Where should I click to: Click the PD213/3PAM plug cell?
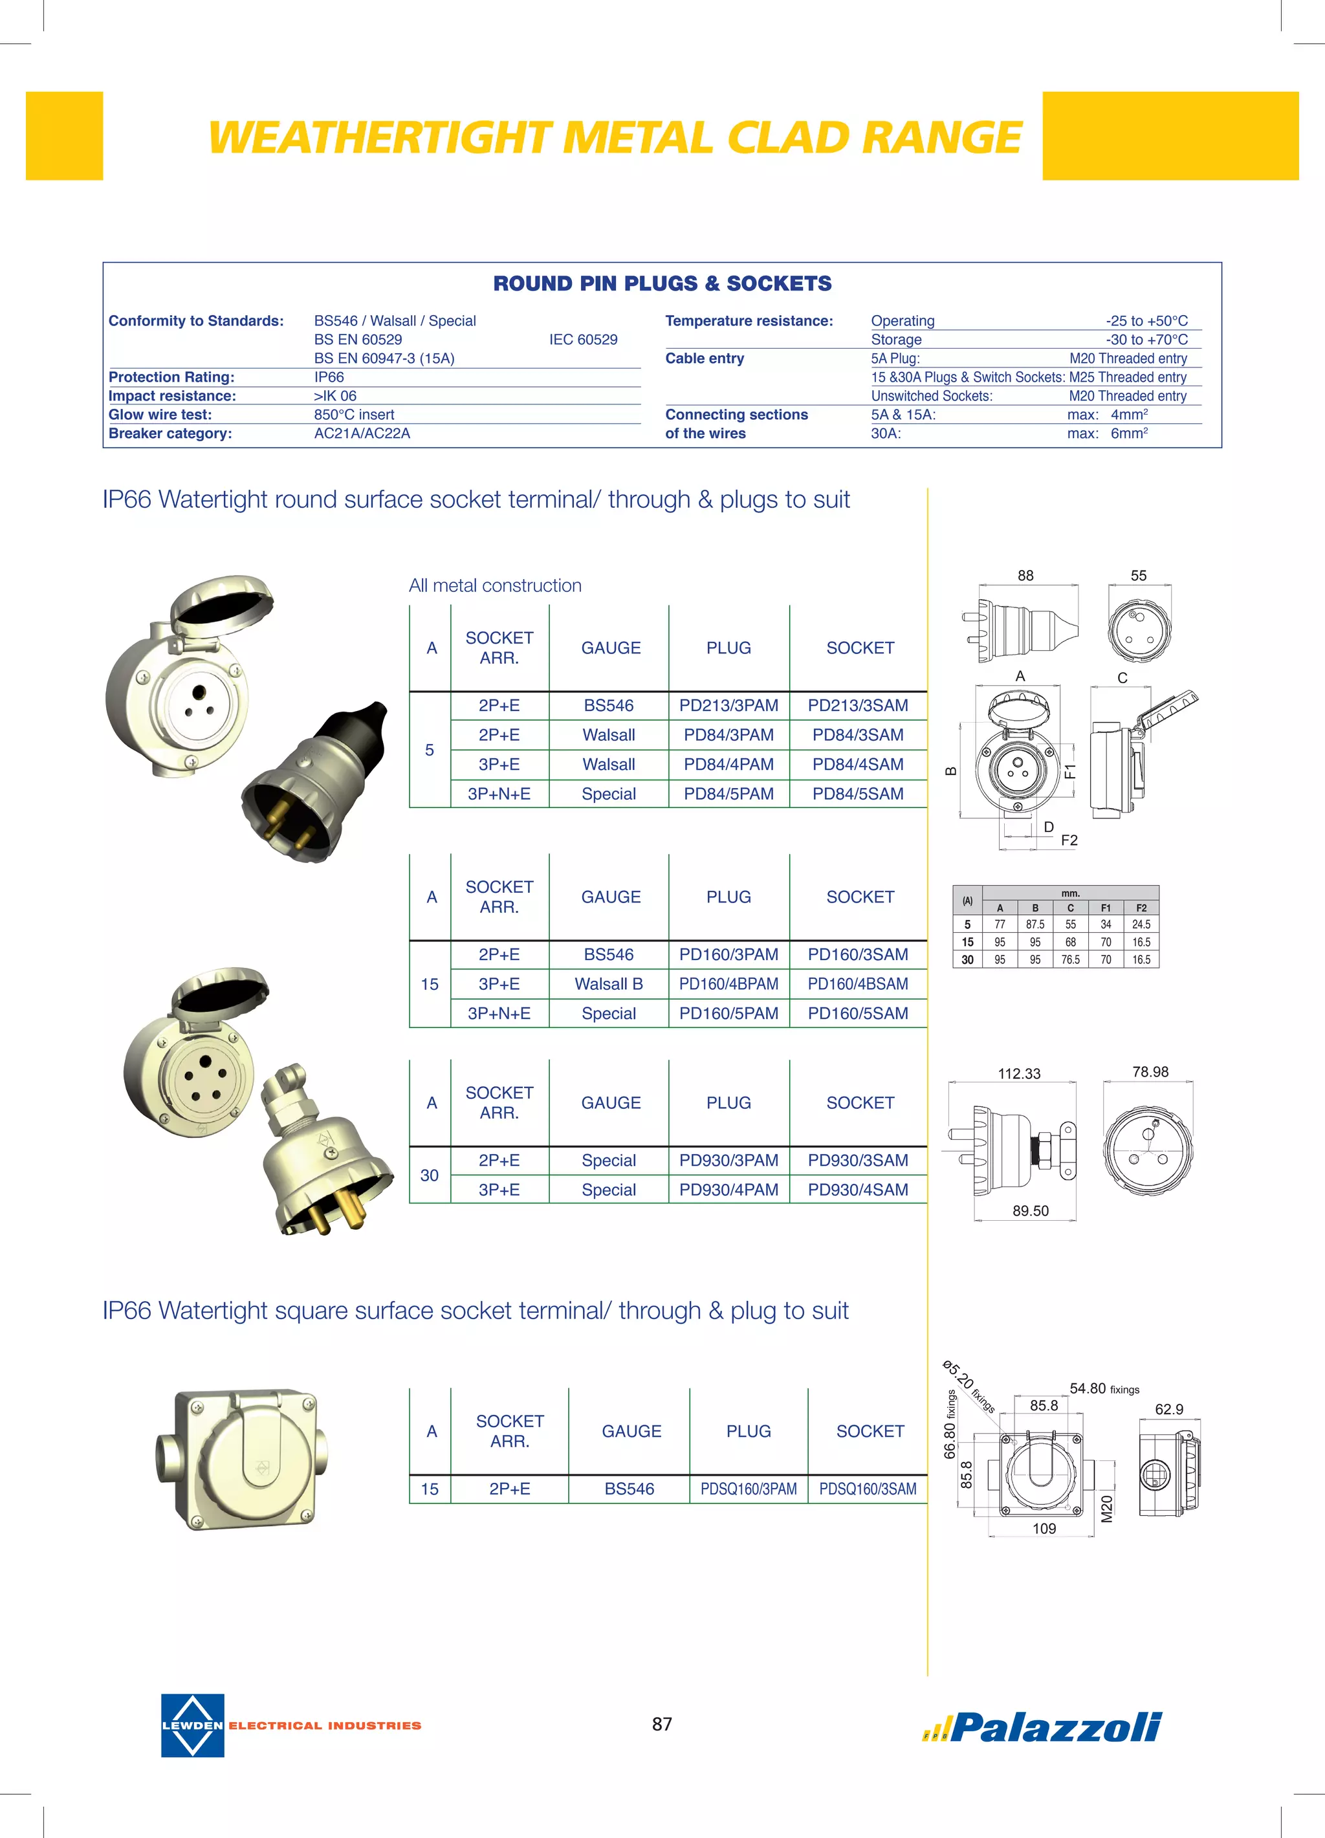pyautogui.click(x=728, y=705)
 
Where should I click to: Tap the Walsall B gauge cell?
pyautogui.click(x=609, y=984)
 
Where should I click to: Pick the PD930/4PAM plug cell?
pyautogui.click(x=728, y=1190)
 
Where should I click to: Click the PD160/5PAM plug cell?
pyautogui.click(x=728, y=1013)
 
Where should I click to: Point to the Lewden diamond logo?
pyautogui.click(x=193, y=1725)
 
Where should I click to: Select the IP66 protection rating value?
pyautogui.click(x=329, y=377)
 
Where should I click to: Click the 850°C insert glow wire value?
pyautogui.click(x=354, y=414)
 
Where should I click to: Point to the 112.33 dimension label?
pyautogui.click(x=1019, y=1074)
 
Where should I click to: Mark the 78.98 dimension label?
pyautogui.click(x=1150, y=1071)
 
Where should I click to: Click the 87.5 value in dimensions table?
pyautogui.click(x=1035, y=924)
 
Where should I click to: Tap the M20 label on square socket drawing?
pyautogui.click(x=1107, y=1509)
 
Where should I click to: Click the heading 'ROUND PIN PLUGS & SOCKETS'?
pyautogui.click(x=662, y=283)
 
